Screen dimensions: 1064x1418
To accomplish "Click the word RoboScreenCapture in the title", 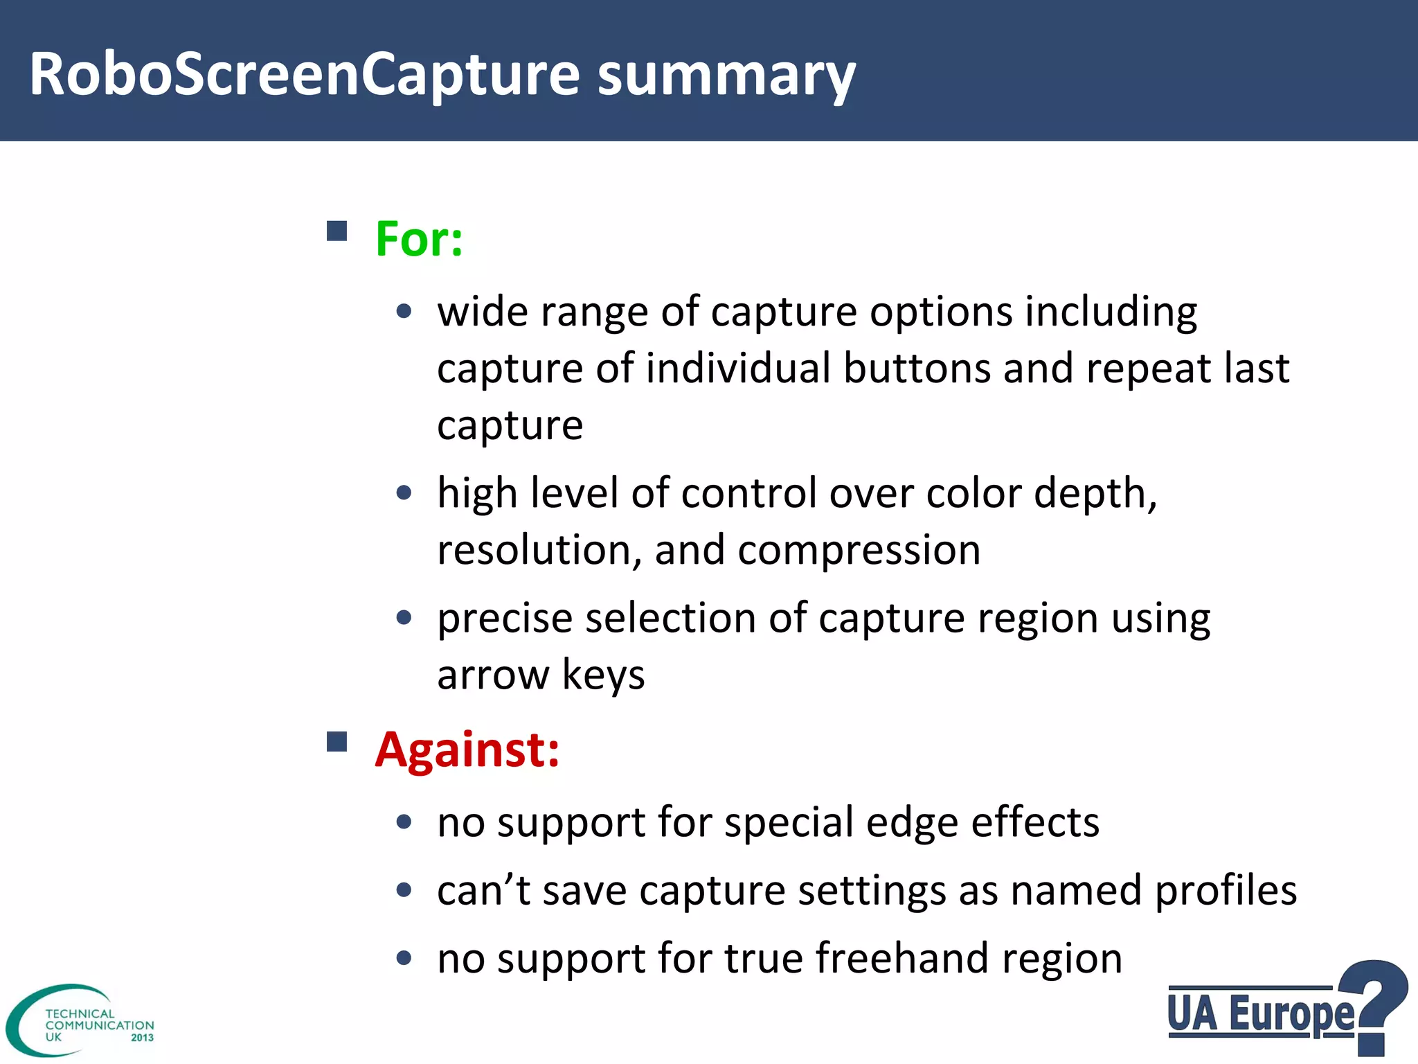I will pos(305,75).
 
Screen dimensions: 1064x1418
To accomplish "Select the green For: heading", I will pos(419,239).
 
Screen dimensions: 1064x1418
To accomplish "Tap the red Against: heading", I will pos(467,750).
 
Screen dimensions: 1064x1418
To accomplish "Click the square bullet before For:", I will pos(337,231).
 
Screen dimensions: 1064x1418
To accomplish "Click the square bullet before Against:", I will pos(337,742).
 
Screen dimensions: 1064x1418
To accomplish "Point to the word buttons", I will pos(916,368).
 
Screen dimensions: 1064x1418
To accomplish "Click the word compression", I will pos(859,551).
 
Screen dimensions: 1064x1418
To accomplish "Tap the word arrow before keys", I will pos(492,675).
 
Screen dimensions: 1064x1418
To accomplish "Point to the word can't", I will pos(483,891).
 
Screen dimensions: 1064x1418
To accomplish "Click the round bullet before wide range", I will pos(404,312).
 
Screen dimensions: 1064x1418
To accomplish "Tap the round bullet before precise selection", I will pos(404,617).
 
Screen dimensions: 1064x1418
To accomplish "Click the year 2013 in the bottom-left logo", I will pos(142,1038).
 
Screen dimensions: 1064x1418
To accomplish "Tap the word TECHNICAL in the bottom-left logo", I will pos(80,1013).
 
